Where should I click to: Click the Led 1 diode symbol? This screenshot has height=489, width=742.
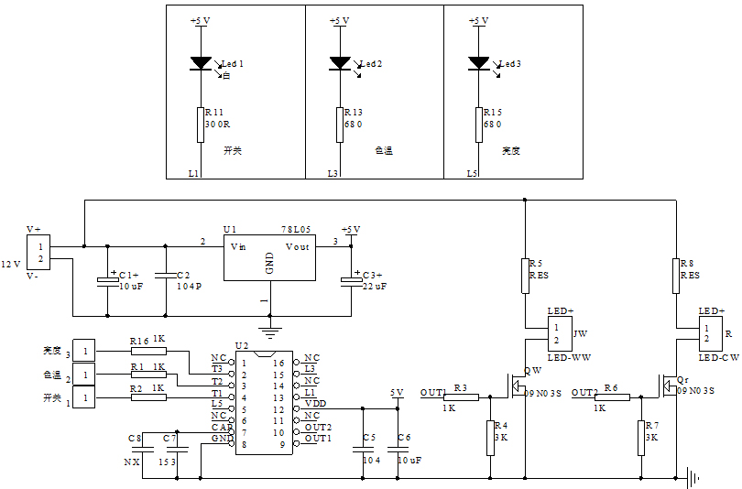[201, 63]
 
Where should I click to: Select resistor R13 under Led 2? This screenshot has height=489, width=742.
[339, 124]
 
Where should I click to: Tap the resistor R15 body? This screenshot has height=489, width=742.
[477, 124]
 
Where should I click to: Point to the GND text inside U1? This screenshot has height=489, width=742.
[269, 264]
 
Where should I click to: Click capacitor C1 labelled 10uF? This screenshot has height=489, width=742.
[108, 279]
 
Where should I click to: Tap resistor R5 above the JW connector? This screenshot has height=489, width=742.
[525, 276]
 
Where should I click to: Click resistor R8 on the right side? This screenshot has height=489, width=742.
[676, 276]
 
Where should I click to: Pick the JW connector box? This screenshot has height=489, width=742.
[559, 334]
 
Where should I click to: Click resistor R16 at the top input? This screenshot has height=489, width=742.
[140, 350]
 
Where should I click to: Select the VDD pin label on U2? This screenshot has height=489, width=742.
[314, 403]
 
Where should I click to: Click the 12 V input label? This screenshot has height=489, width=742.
[11, 263]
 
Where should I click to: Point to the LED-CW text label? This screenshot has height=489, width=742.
[719, 356]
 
